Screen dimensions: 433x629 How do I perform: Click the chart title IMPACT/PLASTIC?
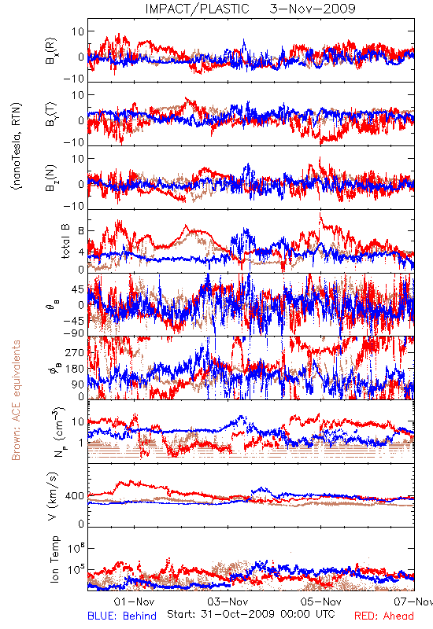198,9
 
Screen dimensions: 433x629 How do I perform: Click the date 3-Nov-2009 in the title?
313,9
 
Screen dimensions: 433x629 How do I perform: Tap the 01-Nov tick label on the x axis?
134,601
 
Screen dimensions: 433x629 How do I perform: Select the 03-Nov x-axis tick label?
228,601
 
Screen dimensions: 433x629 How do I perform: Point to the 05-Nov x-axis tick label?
321,601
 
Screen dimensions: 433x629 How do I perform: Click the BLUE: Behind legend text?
122,616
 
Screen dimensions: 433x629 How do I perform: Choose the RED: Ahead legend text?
383,616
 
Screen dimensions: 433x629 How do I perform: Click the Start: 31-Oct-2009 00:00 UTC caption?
251,614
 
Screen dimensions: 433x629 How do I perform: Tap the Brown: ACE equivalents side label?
16,400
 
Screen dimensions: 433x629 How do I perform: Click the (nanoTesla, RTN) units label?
17,145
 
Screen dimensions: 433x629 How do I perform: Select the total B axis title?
65,241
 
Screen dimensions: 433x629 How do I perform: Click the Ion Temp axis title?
54,559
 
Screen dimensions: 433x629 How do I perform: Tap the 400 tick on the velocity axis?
75,496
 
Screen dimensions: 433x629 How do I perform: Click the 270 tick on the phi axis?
75,353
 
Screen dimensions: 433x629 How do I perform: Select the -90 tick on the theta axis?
74,333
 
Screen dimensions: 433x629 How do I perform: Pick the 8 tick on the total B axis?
81,231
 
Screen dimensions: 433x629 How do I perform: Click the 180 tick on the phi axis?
75,369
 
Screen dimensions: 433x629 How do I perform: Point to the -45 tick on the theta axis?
74,321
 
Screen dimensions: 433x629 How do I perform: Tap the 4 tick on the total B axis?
81,252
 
